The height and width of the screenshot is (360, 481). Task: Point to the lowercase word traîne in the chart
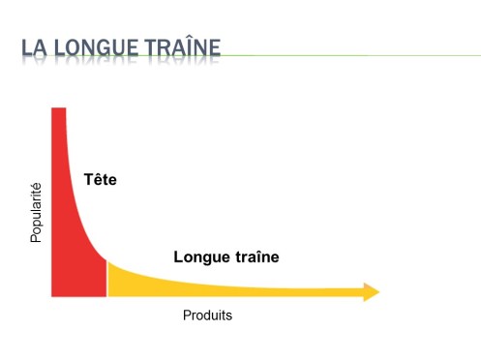[253, 257]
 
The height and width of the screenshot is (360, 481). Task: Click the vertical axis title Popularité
[36, 212]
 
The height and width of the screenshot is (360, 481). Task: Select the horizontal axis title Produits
[207, 315]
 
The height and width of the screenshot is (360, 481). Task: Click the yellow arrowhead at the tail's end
[371, 292]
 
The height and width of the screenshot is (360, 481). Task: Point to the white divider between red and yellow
[106, 278]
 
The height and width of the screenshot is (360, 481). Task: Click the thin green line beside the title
[348, 55]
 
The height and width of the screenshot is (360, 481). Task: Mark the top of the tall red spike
[57, 111]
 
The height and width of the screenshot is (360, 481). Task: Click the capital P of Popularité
[36, 237]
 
